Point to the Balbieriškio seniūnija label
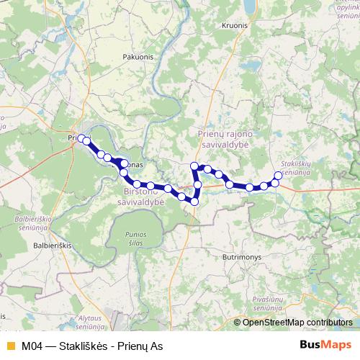27,217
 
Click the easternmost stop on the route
279,175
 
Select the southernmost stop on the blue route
194,202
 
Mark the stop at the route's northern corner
194,166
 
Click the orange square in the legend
9,345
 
